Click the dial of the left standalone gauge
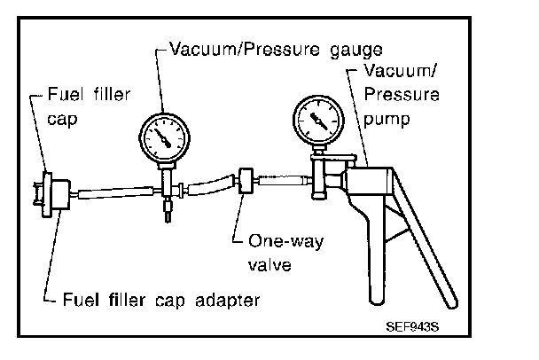(165, 137)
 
